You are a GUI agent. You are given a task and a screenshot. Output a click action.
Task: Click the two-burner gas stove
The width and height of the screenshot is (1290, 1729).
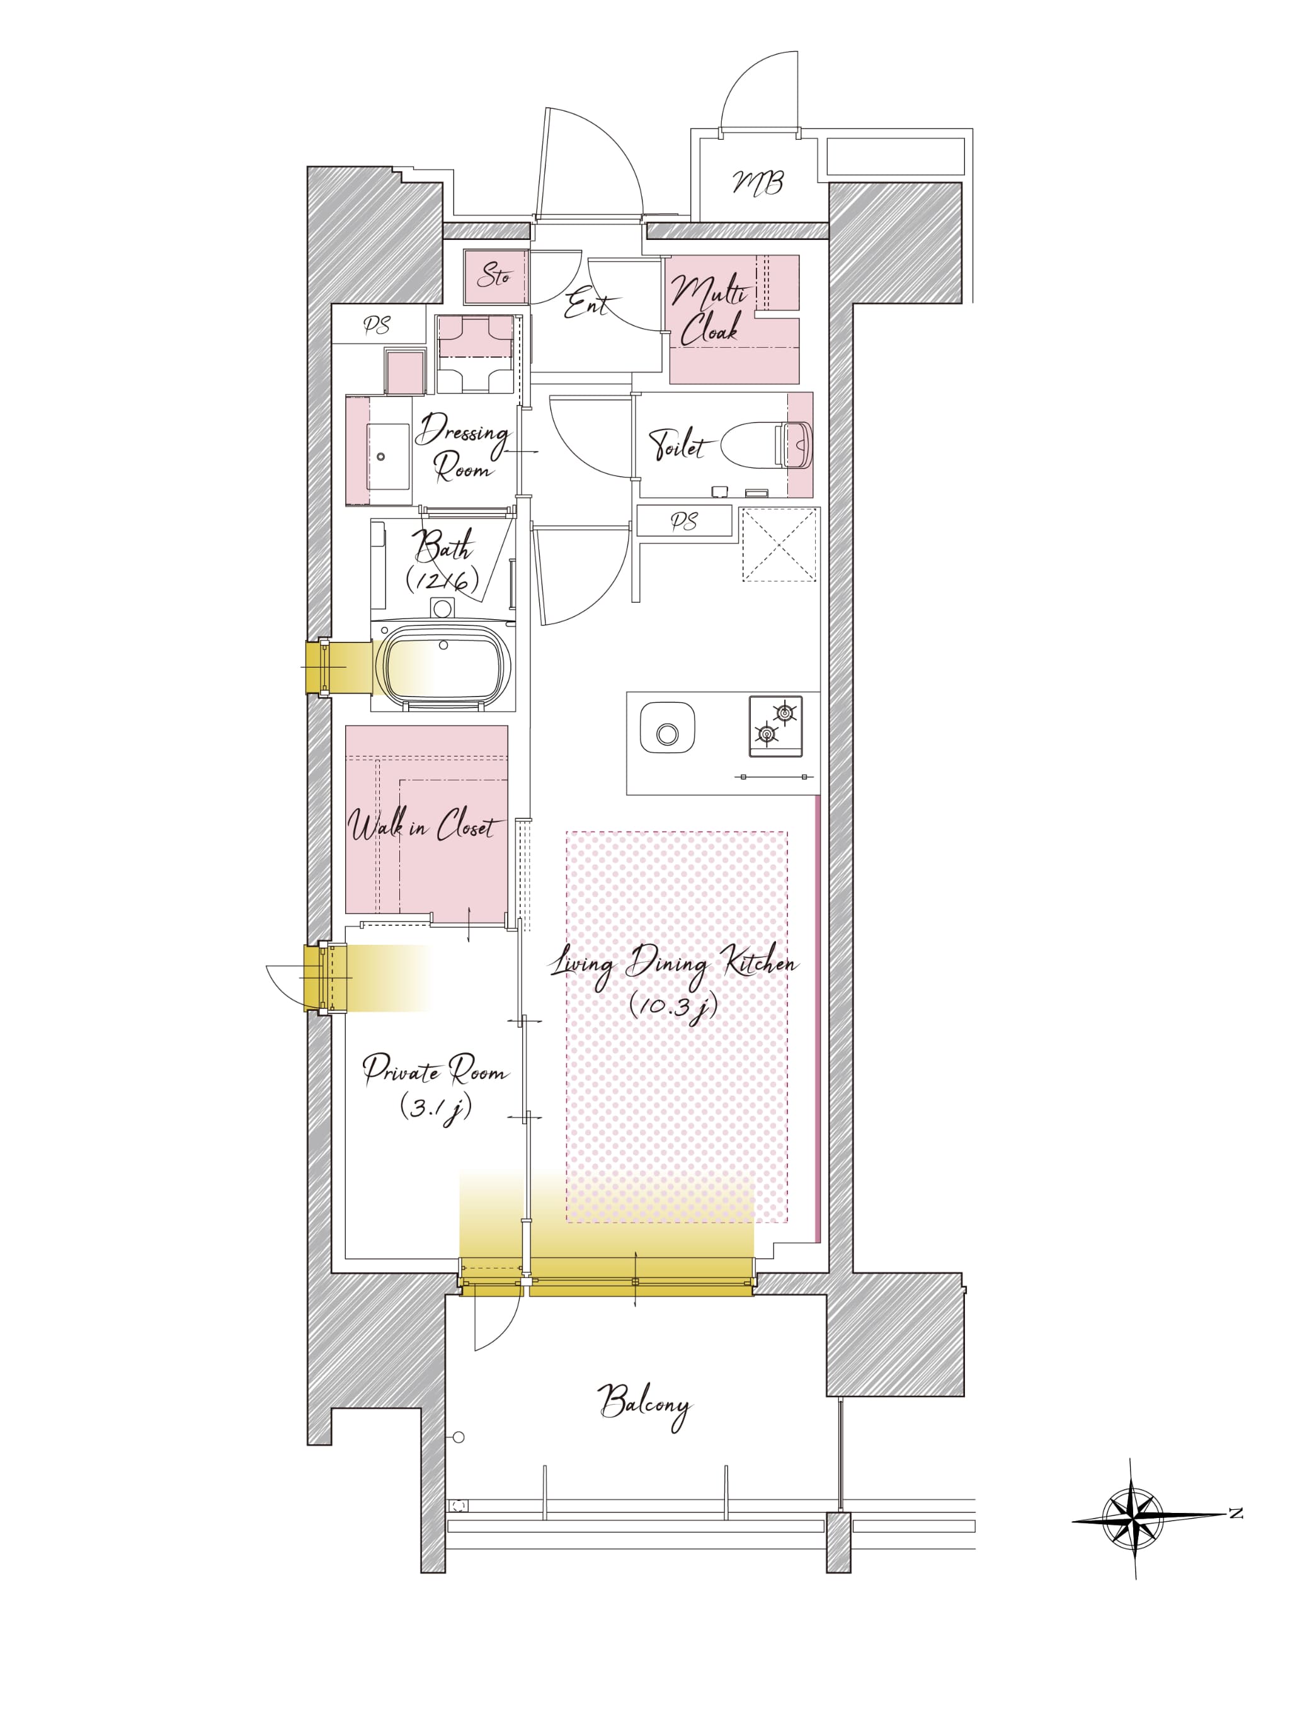click(x=775, y=726)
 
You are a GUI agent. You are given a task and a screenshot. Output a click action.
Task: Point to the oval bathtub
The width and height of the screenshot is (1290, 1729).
click(x=443, y=668)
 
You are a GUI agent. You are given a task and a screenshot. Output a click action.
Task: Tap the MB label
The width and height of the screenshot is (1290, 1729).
click(x=758, y=183)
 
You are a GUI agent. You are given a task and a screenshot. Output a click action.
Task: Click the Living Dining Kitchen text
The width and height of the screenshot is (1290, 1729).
click(x=674, y=964)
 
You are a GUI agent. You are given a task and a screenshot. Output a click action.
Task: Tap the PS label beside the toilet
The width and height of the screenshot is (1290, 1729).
click(x=684, y=522)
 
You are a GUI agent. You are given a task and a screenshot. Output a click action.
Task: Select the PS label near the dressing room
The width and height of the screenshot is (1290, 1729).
click(x=377, y=325)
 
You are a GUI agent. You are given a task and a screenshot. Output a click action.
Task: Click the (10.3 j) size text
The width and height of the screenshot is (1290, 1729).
click(x=673, y=1007)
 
